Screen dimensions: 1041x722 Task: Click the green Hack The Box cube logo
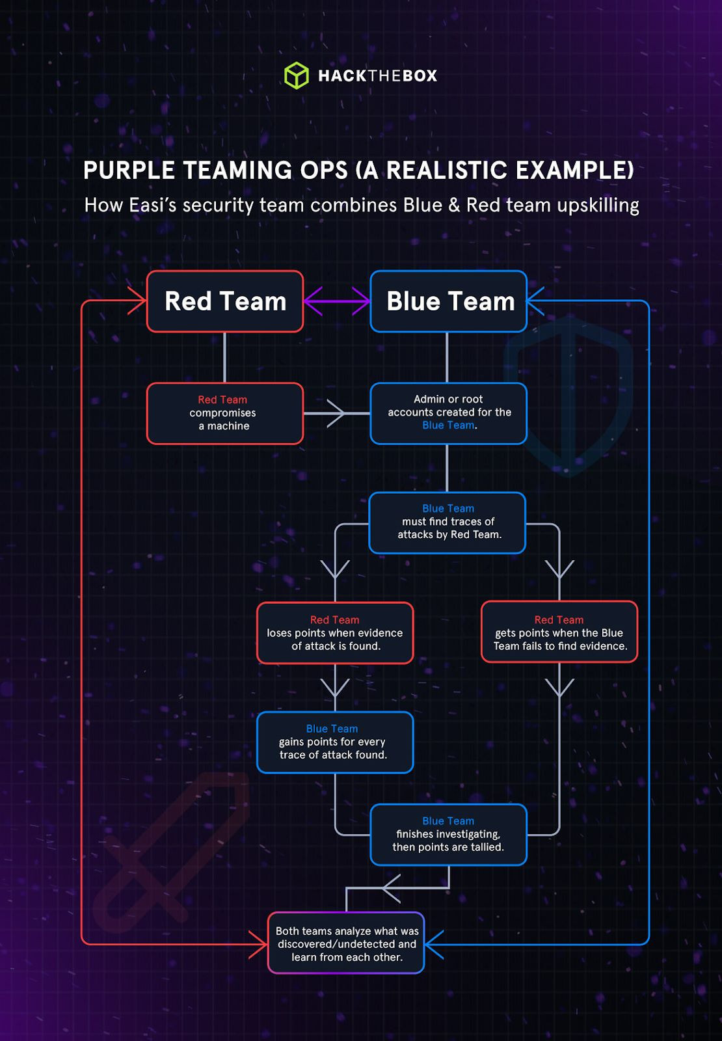click(297, 75)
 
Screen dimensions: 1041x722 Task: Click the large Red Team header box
click(225, 301)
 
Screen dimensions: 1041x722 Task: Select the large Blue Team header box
click(449, 301)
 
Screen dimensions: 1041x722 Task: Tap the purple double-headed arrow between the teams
click(337, 302)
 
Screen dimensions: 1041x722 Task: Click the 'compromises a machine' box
click(225, 413)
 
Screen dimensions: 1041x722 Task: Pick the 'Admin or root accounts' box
click(449, 413)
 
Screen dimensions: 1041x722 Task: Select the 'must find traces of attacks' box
click(448, 522)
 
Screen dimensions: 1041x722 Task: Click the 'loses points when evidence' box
click(335, 633)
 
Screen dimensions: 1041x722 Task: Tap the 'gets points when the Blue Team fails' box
click(559, 633)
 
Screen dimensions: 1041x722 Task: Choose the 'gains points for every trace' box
click(335, 742)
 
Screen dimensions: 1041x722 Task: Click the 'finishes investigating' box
click(449, 835)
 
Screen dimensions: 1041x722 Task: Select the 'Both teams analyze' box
click(346, 943)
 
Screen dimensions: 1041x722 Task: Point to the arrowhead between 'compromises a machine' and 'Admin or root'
click(336, 413)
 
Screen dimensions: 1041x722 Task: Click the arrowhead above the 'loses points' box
click(335, 570)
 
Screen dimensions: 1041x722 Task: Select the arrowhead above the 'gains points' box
click(335, 688)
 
